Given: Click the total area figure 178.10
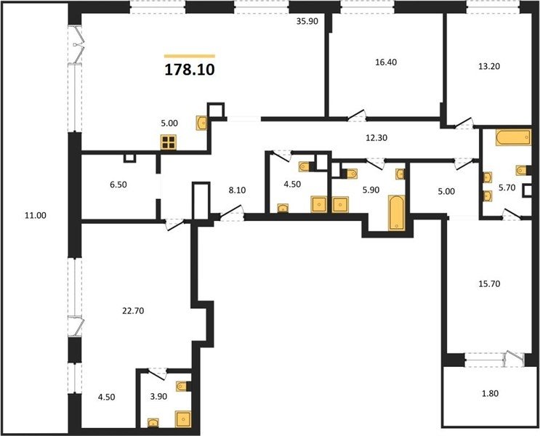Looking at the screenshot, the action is coord(190,70).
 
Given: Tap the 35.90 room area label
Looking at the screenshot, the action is coord(307,21).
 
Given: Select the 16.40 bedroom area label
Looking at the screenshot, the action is coord(386,62).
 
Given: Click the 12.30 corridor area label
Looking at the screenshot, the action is coord(376,138).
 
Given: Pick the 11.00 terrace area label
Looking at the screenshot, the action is coord(35,216).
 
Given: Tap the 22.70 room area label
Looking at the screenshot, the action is coord(133,311).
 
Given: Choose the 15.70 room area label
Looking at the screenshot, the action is coord(489,284).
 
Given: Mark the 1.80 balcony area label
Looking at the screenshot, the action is coord(490,393).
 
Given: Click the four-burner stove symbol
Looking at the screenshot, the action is coord(169,142).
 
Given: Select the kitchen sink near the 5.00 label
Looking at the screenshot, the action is coord(201,123).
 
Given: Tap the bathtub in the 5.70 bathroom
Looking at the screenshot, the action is coord(513,137).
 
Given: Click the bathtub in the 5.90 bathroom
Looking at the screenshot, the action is coord(396,212).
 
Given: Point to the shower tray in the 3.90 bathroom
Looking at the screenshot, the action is coord(183,419).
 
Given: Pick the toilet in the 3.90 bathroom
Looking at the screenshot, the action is coord(182,387).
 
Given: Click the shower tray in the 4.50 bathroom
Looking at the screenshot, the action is coord(319,204).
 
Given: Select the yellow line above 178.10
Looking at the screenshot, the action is coord(190,56).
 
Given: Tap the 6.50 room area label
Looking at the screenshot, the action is coord(118,185).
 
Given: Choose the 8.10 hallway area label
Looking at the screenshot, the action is coord(237,190).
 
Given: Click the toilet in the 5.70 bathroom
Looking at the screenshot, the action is coord(520,170).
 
